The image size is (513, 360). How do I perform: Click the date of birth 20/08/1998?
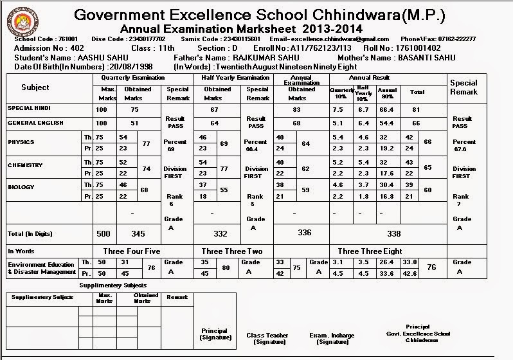(x=130, y=66)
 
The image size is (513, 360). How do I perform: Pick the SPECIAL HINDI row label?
(x=29, y=108)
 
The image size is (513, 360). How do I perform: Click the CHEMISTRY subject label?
(x=25, y=165)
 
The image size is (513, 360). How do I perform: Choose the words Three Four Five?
(x=131, y=251)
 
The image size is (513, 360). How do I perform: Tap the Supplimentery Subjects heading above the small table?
(x=113, y=285)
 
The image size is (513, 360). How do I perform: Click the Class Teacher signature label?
(x=267, y=339)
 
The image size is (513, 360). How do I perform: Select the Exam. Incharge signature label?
(x=332, y=339)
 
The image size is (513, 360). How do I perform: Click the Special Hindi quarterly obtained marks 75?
(x=133, y=109)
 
